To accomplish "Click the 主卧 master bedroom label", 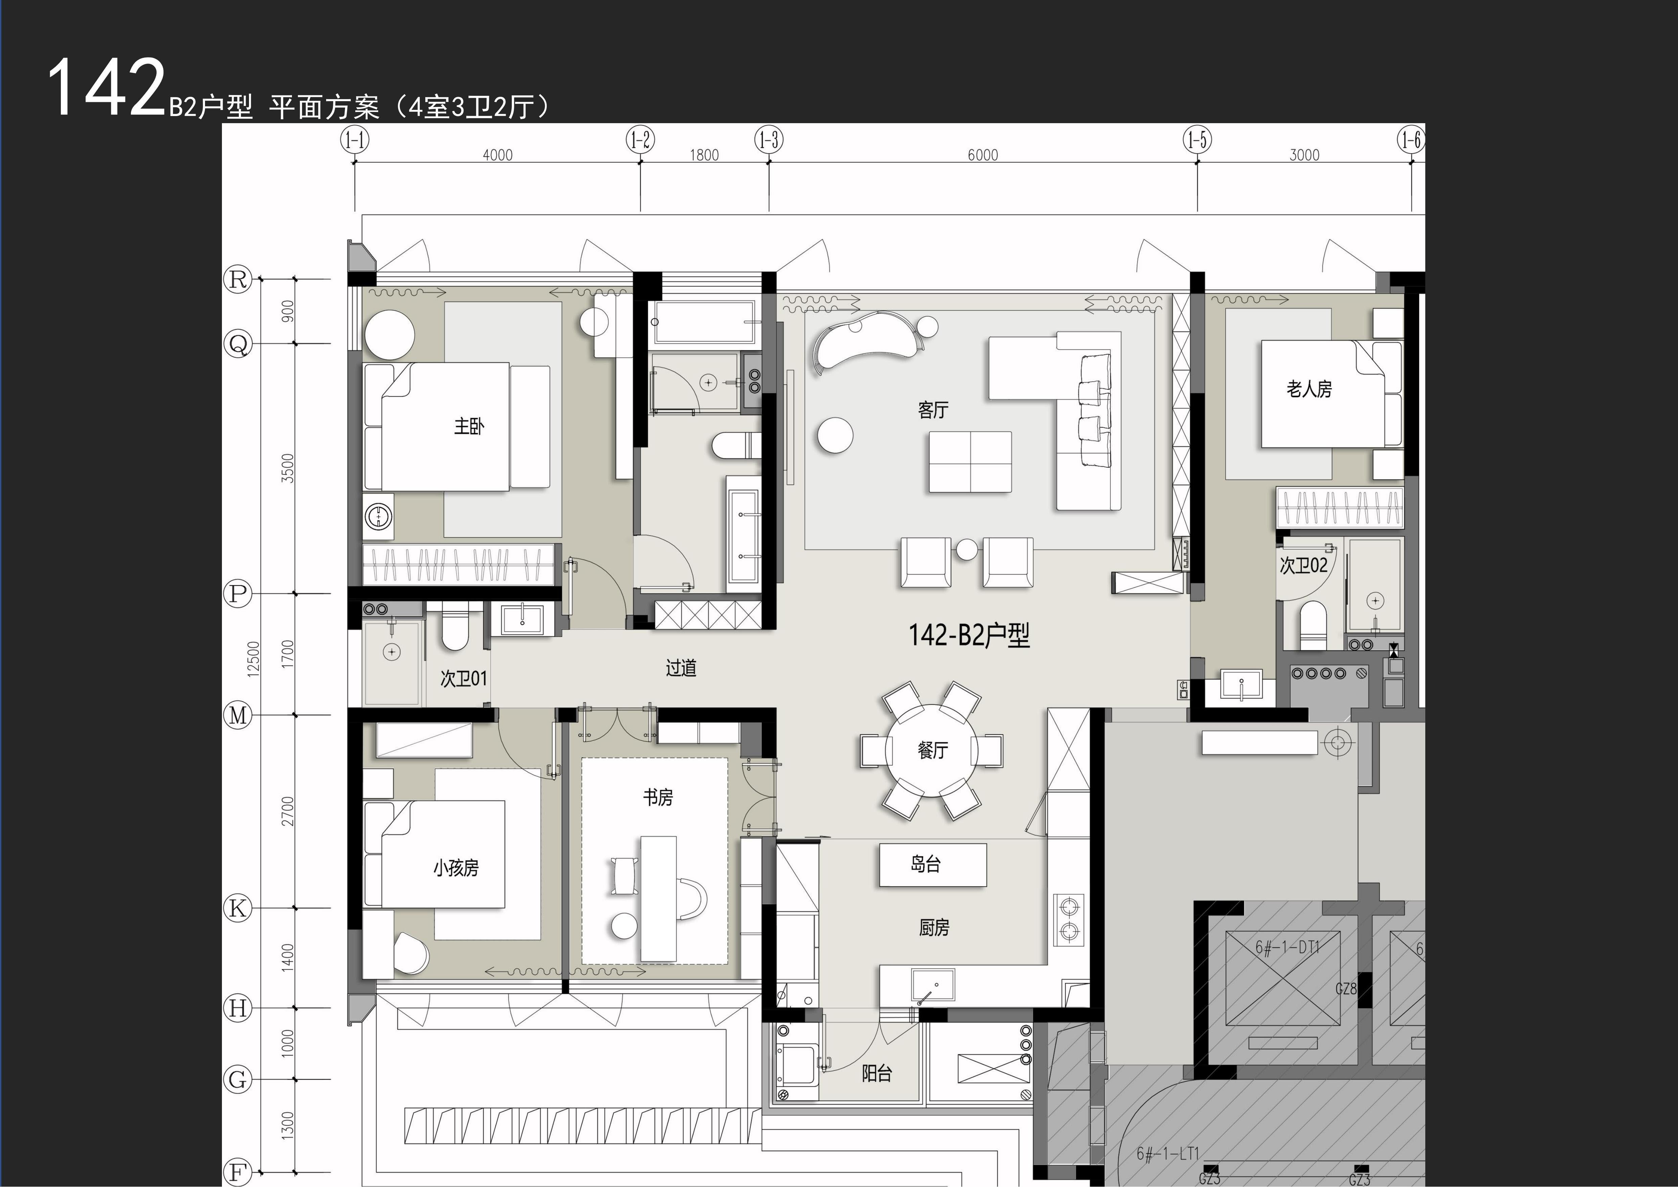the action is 469,426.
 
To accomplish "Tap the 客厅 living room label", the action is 933,410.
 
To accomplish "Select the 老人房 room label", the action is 1309,389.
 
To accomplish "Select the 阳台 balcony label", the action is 876,1074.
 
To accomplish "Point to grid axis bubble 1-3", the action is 769,140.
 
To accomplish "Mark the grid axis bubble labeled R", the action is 237,279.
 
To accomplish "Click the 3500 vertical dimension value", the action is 288,468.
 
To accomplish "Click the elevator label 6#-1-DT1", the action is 1288,947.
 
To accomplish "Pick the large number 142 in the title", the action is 107,88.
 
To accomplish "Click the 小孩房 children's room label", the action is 456,868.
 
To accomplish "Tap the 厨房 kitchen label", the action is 934,927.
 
